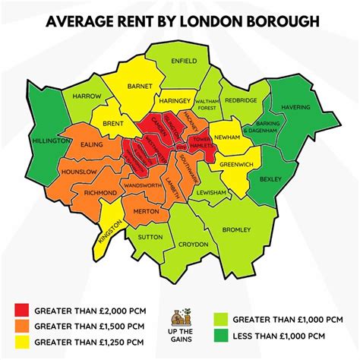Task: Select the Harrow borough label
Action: coord(87,96)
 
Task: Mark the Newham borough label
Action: coord(226,137)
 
